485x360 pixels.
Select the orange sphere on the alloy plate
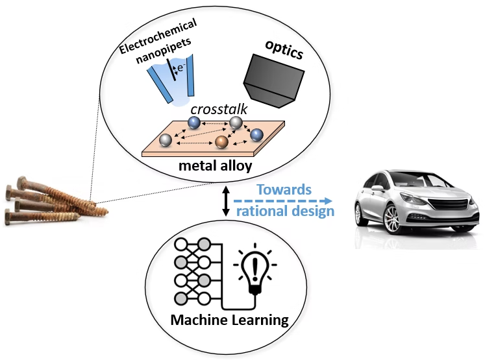(x=221, y=141)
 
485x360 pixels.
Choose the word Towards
(x=284, y=189)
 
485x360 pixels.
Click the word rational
(x=264, y=211)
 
